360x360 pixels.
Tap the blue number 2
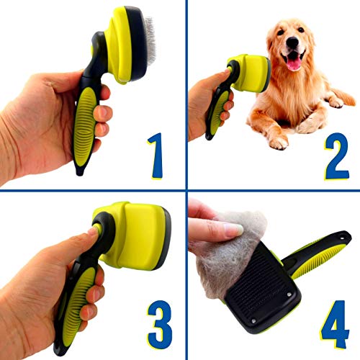(336, 156)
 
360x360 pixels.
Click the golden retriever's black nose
(292, 42)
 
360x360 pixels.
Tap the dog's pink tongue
(294, 63)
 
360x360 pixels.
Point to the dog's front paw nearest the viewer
(279, 143)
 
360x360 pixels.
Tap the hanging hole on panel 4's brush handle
(342, 238)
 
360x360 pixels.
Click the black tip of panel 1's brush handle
(80, 171)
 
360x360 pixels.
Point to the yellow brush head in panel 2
(251, 73)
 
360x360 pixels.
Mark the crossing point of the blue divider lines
(186, 191)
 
